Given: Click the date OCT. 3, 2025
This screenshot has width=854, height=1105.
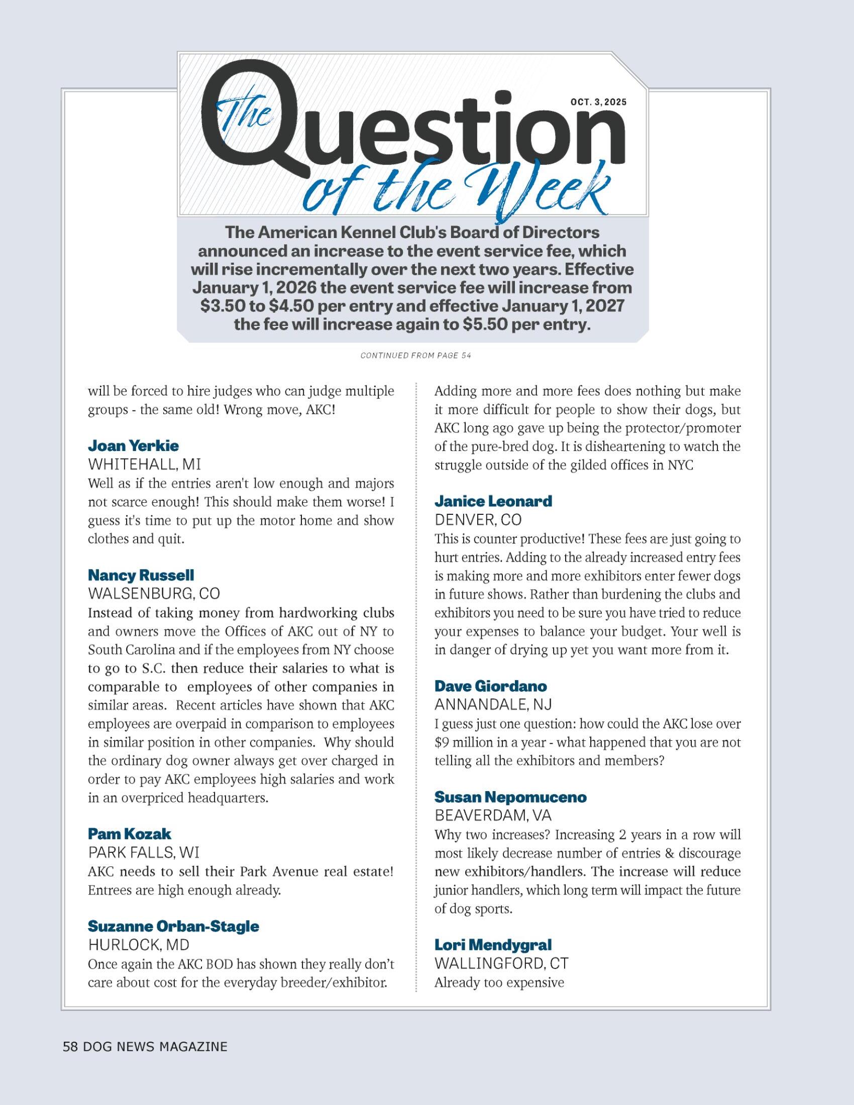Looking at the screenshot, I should point(598,101).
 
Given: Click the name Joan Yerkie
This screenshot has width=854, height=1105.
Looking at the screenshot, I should point(133,446).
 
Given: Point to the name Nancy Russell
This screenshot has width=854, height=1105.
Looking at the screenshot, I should point(141,575).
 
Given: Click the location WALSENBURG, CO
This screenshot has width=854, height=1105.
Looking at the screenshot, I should point(154,593).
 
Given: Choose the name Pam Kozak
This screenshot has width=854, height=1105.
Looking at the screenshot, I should point(130,834).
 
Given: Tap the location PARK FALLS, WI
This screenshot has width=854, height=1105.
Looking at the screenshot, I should point(144,852).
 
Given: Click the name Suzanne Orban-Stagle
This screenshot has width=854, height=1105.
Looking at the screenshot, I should point(173,926).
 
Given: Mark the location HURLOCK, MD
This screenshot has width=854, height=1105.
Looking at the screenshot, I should point(138,945).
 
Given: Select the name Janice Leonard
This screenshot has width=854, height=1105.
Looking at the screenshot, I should point(493,501).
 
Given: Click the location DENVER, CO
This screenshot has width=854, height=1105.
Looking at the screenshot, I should point(478,520).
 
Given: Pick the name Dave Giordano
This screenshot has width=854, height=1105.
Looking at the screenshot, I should point(491,686).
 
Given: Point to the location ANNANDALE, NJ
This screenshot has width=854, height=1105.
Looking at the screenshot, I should point(493,704).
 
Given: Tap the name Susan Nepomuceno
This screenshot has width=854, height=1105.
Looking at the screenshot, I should point(510,797).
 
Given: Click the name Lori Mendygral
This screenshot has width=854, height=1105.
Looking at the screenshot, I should point(493,945).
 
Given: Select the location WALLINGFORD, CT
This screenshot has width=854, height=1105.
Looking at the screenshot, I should point(501,963).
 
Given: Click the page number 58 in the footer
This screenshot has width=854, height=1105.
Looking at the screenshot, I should point(70,1047).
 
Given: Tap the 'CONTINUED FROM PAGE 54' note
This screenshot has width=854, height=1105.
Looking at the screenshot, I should point(416,356).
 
